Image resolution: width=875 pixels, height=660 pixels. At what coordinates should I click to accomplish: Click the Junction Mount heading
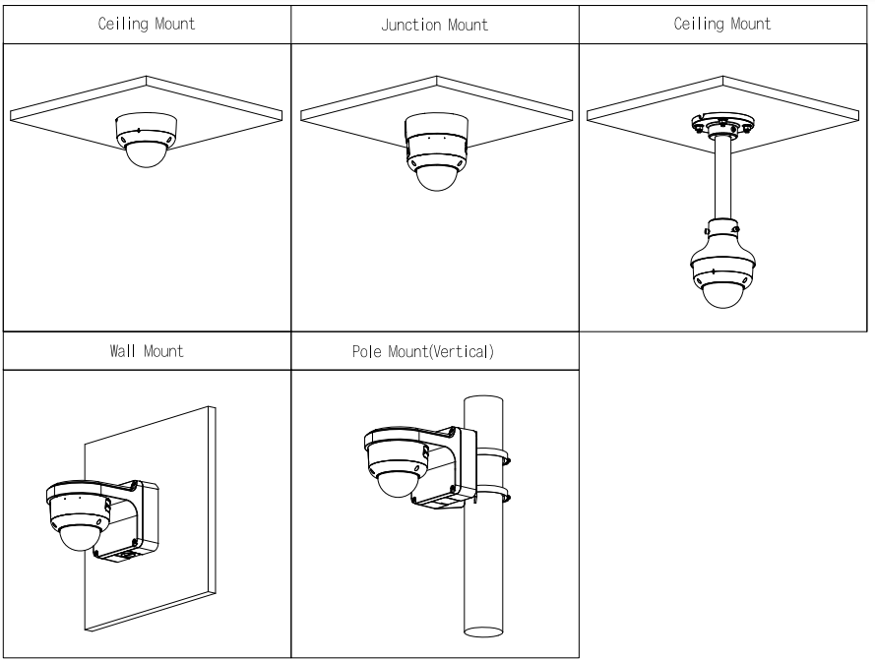point(434,25)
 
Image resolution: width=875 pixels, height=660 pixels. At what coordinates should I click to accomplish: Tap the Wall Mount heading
point(146,351)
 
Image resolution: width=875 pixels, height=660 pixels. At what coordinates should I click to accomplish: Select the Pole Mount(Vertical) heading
point(434,351)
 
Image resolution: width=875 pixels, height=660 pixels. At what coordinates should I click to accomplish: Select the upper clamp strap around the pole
point(494,455)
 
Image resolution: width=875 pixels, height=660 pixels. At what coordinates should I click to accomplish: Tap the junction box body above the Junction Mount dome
point(434,133)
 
